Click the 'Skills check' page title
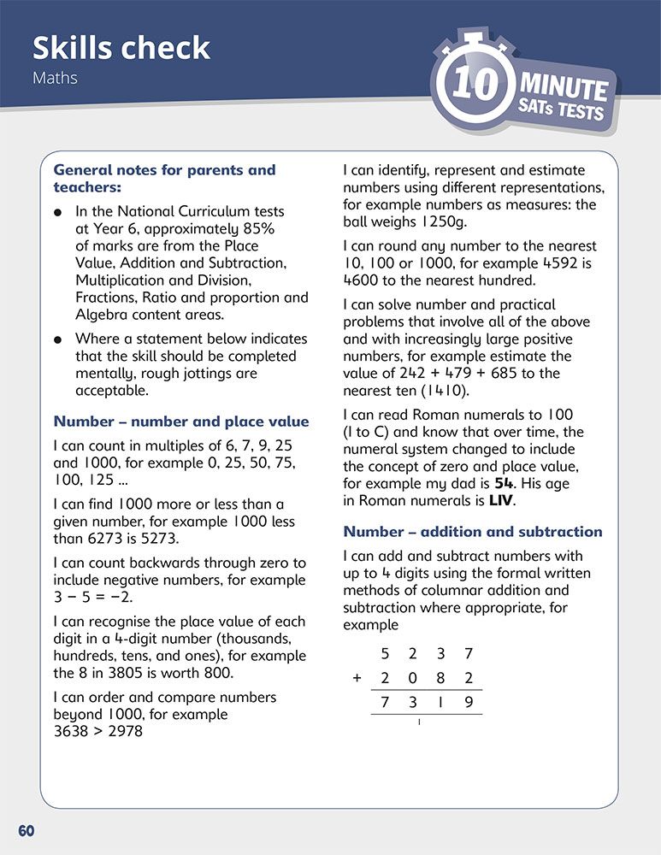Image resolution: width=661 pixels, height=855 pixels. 121,47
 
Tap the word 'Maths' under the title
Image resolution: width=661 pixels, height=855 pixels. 55,78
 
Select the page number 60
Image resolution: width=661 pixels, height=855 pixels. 26,830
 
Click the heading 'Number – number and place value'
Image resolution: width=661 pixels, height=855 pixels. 180,422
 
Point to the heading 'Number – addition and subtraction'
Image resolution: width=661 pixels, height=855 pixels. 473,532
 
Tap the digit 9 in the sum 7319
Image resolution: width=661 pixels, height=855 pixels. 469,702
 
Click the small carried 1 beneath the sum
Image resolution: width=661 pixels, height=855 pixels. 419,722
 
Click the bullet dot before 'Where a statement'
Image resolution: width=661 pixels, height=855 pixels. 57,339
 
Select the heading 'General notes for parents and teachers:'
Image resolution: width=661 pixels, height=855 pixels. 164,178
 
